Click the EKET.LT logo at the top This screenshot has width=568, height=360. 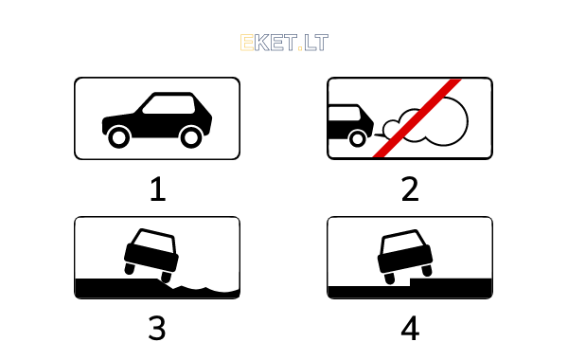click(284, 43)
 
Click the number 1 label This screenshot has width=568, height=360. click(157, 189)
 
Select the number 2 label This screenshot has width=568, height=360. click(410, 189)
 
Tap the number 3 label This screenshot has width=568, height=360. click(157, 328)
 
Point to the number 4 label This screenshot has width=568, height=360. click(410, 328)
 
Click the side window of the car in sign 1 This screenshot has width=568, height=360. click(169, 105)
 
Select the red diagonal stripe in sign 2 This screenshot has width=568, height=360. click(417, 118)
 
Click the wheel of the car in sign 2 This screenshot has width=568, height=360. click(358, 138)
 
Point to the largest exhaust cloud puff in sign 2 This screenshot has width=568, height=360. click(446, 121)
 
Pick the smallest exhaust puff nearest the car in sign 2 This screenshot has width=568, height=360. click(390, 128)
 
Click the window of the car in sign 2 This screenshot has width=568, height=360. click(344, 114)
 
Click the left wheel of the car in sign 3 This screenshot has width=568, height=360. click(130, 269)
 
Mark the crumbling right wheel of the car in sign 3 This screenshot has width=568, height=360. click(166, 277)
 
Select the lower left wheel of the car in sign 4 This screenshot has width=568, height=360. click(389, 279)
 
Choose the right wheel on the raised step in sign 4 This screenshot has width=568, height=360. click(427, 270)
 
